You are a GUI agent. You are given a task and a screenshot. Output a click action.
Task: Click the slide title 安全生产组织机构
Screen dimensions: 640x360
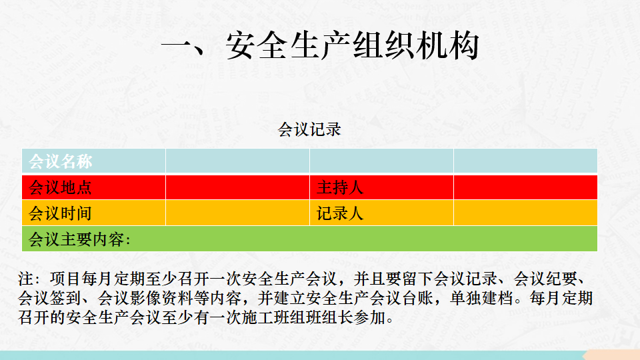coord(320,45)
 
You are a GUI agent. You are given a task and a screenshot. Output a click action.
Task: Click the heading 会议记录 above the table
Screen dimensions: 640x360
coord(309,129)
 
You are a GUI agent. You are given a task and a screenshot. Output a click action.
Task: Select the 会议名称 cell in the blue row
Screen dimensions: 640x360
coord(94,161)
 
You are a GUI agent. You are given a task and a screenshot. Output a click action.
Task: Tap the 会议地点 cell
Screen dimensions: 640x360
coord(94,187)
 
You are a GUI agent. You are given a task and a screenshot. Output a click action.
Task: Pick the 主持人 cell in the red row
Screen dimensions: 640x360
coord(381,187)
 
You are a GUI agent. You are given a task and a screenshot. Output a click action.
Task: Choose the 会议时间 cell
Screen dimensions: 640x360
coord(94,213)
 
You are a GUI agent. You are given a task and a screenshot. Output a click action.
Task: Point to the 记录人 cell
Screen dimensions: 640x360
coord(381,213)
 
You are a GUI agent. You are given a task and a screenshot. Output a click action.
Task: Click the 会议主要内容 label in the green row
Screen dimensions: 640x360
coord(79,239)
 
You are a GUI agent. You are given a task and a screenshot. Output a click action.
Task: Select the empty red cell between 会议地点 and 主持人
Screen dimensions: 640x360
coord(237,187)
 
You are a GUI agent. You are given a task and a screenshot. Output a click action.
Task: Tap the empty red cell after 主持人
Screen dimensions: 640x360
coord(525,187)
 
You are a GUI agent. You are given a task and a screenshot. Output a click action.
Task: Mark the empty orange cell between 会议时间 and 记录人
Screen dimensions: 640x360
coord(237,213)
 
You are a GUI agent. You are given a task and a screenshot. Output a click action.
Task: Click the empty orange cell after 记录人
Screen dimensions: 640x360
coord(525,213)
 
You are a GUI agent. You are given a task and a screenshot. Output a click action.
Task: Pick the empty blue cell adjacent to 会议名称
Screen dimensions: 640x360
coord(237,161)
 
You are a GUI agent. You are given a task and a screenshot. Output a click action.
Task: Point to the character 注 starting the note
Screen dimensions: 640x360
coord(26,279)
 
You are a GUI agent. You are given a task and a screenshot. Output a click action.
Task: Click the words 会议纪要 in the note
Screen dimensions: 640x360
coord(545,279)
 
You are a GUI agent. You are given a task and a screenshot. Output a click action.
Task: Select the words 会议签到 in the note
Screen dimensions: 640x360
coord(50,299)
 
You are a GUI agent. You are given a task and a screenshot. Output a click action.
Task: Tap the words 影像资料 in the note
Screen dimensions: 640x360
coord(161,299)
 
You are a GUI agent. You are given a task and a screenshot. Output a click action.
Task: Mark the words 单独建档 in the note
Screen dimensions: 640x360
coord(481,299)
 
